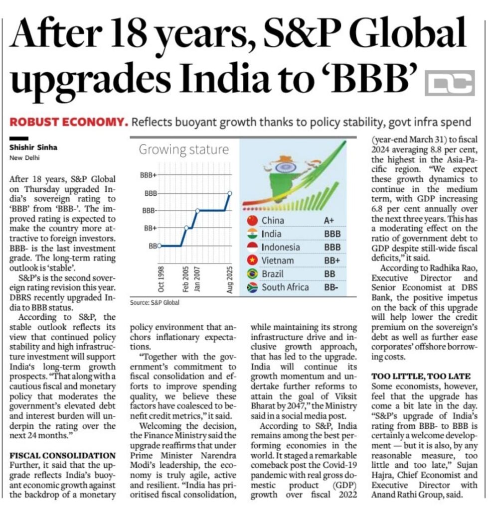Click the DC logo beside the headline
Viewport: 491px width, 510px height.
tap(449, 83)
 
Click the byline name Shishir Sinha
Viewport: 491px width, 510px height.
tap(32, 147)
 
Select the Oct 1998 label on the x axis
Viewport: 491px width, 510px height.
tap(161, 279)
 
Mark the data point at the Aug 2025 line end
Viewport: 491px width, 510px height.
tap(230, 193)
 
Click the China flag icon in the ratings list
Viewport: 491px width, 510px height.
tap(252, 220)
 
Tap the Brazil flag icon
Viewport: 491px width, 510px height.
tap(252, 273)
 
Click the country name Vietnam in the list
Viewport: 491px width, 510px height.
tap(278, 260)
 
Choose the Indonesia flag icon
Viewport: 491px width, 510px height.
tap(252, 247)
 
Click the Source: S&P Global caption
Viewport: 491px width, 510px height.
tap(155, 302)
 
